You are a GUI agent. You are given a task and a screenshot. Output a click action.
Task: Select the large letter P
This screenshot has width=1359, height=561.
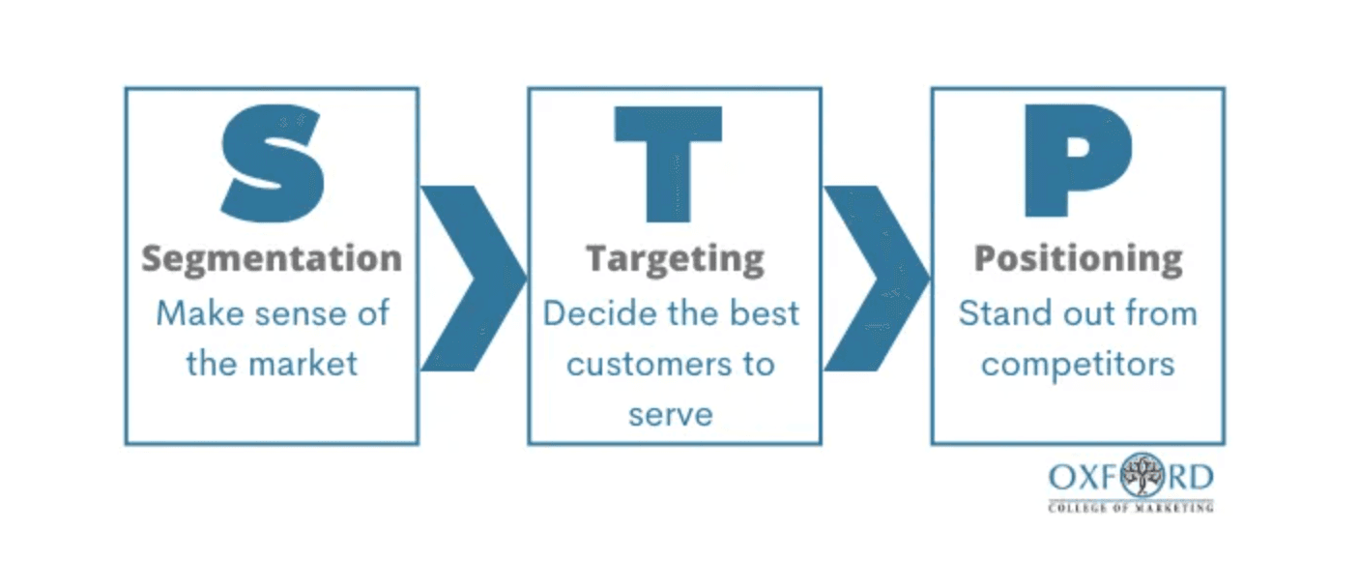click(x=1076, y=162)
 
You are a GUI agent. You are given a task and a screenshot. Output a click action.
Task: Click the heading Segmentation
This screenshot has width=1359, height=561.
click(x=272, y=259)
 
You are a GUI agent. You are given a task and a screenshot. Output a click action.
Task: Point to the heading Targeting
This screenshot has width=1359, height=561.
click(x=675, y=260)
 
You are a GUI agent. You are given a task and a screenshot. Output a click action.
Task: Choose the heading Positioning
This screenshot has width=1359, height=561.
click(x=1078, y=260)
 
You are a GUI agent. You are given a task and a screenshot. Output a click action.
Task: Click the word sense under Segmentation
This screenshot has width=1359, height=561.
click(x=288, y=313)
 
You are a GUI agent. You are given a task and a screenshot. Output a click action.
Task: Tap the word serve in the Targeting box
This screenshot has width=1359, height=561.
click(x=670, y=414)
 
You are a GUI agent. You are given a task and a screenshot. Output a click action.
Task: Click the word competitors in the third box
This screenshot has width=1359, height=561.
click(x=1078, y=364)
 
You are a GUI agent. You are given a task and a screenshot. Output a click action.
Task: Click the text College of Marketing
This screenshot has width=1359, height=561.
click(x=1130, y=506)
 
